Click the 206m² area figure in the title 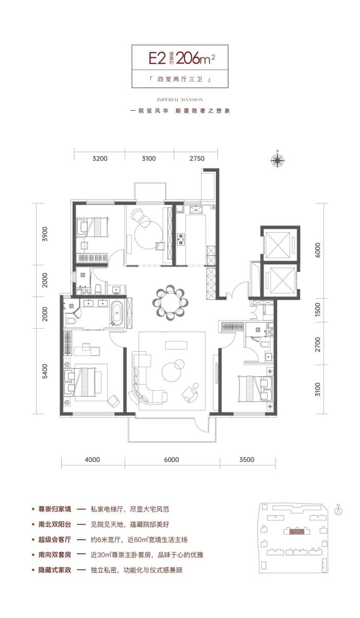click(195, 59)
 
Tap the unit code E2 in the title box click(157, 59)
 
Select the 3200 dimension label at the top click(100, 159)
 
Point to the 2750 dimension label click(197, 159)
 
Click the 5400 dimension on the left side click(45, 371)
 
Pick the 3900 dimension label click(45, 234)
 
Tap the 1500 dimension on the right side click(318, 310)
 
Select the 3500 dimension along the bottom click(247, 459)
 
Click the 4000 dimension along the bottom click(92, 459)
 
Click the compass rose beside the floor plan click(278, 160)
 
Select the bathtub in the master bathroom click(117, 313)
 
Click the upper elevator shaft click(279, 245)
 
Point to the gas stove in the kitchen click(181, 239)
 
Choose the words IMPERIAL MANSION click(180, 100)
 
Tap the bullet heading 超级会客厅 click(55, 539)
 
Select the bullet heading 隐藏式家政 click(55, 570)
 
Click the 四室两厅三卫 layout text click(180, 79)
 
